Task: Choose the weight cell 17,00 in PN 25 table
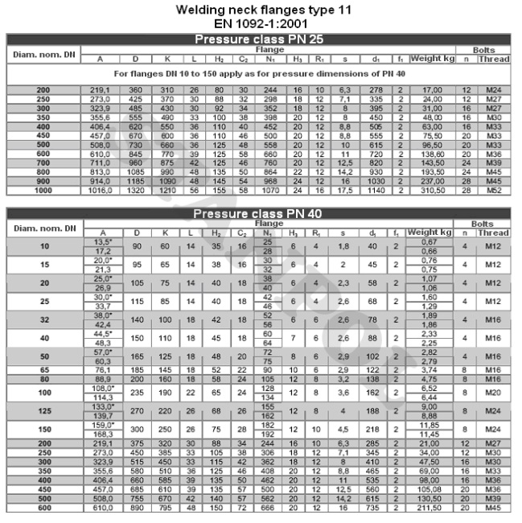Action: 432,89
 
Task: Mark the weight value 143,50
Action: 432,163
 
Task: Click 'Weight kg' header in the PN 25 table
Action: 432,59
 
